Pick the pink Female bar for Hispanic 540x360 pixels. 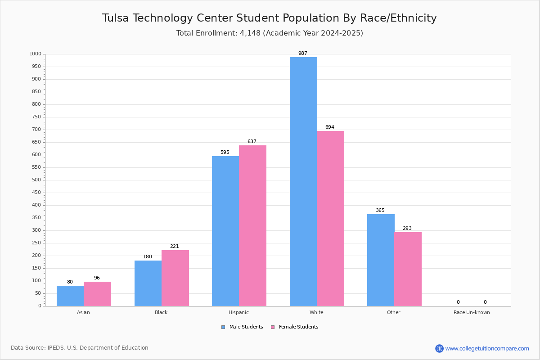pyautogui.click(x=252, y=225)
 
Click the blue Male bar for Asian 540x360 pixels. pyautogui.click(x=70, y=296)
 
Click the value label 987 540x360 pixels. pyautogui.click(x=303, y=54)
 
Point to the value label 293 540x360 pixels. pyautogui.click(x=407, y=229)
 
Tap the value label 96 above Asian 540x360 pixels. pyautogui.click(x=97, y=278)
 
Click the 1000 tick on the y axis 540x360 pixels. pyautogui.click(x=35, y=54)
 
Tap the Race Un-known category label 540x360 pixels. pyautogui.click(x=472, y=312)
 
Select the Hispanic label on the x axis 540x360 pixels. pyautogui.click(x=238, y=312)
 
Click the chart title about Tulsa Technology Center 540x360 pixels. pyautogui.click(x=270, y=18)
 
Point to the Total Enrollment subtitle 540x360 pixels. pyautogui.click(x=270, y=33)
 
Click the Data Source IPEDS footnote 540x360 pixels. pyautogui.click(x=80, y=348)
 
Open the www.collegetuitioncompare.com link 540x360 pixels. pyautogui.click(x=487, y=348)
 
